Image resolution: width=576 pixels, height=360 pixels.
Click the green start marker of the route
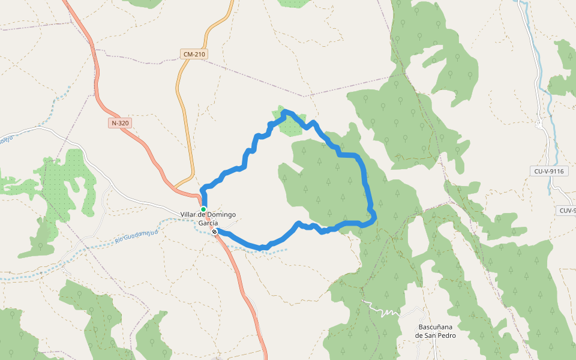click(203, 209)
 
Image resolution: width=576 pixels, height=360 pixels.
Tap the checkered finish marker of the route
click(214, 231)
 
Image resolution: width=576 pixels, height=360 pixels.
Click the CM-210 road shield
click(194, 55)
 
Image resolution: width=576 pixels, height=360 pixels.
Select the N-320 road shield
click(120, 123)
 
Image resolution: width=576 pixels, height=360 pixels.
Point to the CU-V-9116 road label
click(549, 171)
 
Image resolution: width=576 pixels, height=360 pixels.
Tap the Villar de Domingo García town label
click(208, 218)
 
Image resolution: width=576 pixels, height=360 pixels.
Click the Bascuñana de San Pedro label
click(436, 331)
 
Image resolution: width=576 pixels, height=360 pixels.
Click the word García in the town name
click(208, 223)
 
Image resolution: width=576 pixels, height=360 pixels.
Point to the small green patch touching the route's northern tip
click(290, 124)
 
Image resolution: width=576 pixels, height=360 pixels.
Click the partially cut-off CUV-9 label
click(567, 211)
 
